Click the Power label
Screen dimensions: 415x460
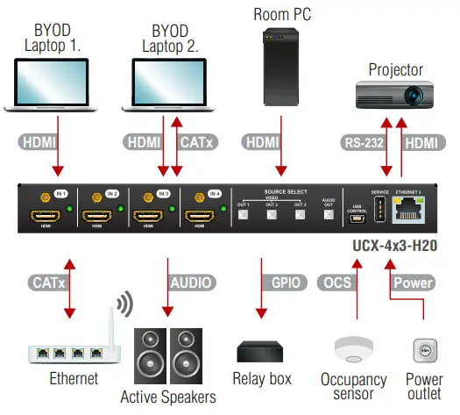coord(413,283)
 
